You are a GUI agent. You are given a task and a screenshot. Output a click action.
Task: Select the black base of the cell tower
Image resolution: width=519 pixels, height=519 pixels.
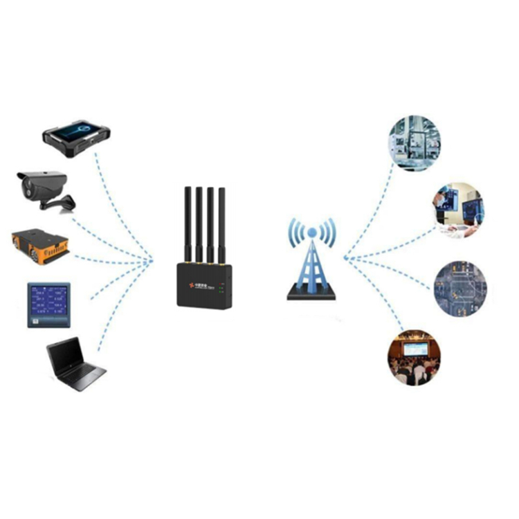point(311,295)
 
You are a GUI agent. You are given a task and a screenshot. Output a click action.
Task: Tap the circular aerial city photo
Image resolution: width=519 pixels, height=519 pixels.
point(459,288)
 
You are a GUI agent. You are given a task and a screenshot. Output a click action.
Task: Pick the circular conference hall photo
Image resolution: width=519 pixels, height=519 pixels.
point(414,359)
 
